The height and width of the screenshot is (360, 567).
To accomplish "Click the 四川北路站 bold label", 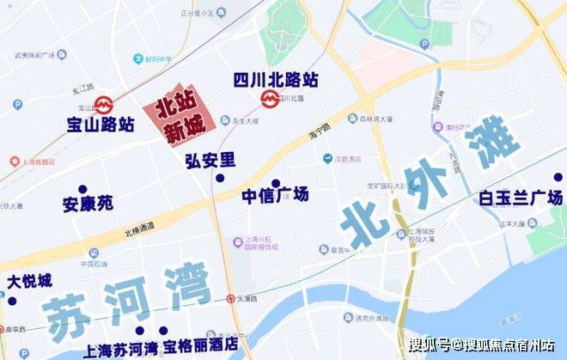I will click(276, 80).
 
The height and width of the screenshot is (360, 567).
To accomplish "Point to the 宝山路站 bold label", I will click(101, 124).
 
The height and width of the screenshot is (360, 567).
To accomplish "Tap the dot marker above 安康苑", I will click(82, 189).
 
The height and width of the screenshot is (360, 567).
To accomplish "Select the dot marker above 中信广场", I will click(276, 183).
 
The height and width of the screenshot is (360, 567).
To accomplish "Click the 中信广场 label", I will click(275, 196).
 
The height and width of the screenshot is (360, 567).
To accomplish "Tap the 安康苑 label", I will click(88, 205).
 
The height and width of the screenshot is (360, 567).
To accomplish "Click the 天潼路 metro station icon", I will click(229, 299).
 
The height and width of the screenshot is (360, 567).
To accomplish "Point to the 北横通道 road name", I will click(139, 228).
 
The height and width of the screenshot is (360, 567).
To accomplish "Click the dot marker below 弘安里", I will click(220, 178).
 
